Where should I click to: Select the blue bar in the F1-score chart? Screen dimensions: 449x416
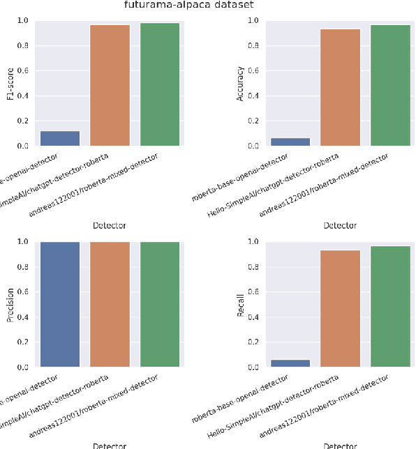tap(60, 138)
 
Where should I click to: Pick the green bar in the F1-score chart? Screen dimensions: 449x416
tap(160, 84)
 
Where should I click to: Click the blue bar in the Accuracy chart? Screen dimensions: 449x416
tap(290, 142)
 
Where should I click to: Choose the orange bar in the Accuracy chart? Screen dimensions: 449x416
tap(340, 87)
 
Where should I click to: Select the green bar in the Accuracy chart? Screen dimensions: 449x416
tap(390, 85)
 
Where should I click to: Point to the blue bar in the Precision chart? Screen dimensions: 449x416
tap(60, 304)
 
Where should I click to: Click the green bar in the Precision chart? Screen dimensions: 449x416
tap(160, 304)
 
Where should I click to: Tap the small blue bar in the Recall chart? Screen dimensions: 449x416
tap(290, 363)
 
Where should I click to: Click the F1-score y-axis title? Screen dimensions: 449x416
tap(9, 84)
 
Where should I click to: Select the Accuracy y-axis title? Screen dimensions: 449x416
tap(240, 84)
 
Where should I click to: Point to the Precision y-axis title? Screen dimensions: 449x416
tap(9, 305)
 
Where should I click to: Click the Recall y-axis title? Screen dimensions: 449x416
tap(240, 305)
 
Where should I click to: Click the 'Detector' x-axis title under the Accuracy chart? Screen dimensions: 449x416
tap(340, 225)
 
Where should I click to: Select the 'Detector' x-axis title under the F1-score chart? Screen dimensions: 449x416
tap(110, 225)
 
